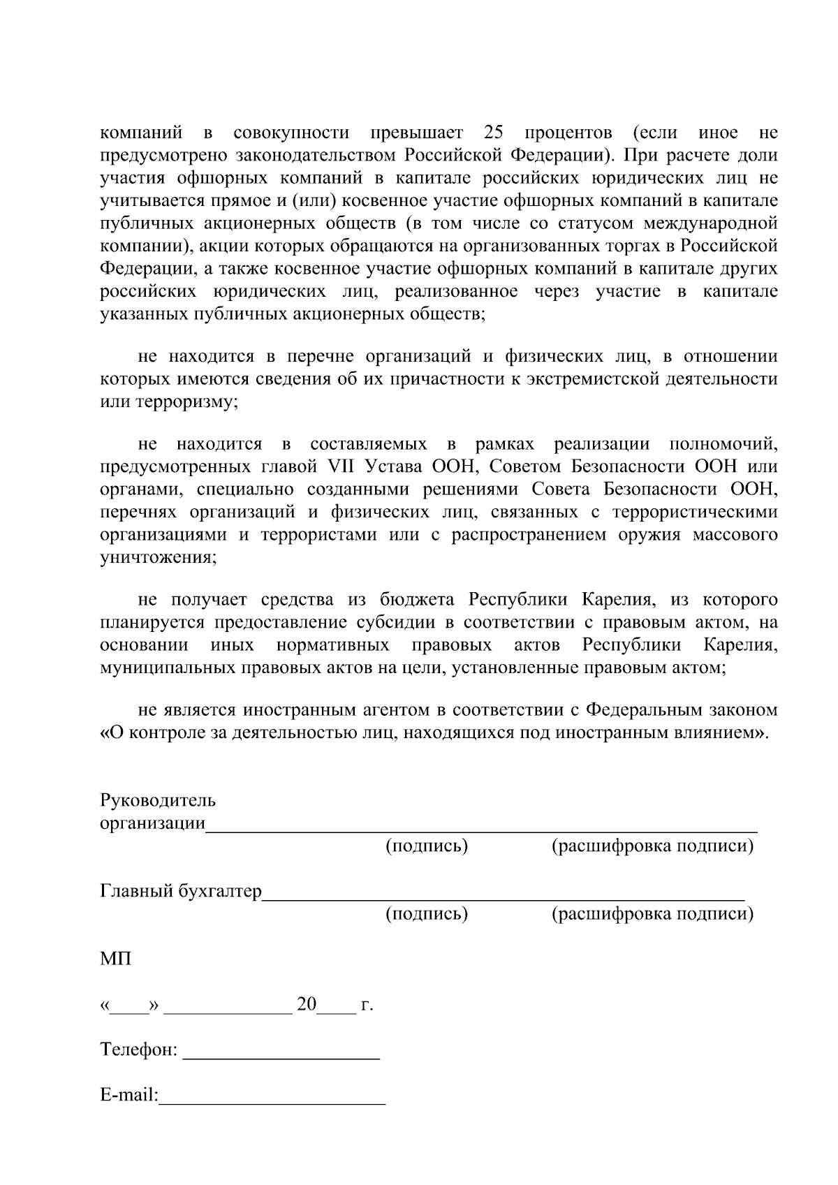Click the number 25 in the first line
pos(493,133)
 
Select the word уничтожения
pos(158,558)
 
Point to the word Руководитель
pos(158,800)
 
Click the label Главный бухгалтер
pos(181,891)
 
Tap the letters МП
pos(115,959)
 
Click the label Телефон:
pos(139,1050)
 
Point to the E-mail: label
pos(129,1095)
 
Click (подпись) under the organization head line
pos(427,846)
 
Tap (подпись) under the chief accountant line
pos(427,913)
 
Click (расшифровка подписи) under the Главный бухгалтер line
pos(652,913)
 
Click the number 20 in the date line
pos(307,1005)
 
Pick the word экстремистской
pos(601,379)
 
